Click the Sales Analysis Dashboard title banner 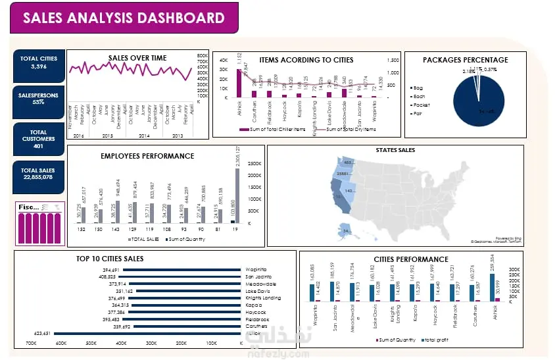124,18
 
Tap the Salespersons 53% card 38,99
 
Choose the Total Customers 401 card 38,136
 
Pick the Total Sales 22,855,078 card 38,174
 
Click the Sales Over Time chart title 137,58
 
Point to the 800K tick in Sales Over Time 203,56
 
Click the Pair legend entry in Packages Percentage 419,114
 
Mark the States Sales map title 395,151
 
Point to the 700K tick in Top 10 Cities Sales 31,344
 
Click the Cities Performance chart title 410,259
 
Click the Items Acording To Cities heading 306,60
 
